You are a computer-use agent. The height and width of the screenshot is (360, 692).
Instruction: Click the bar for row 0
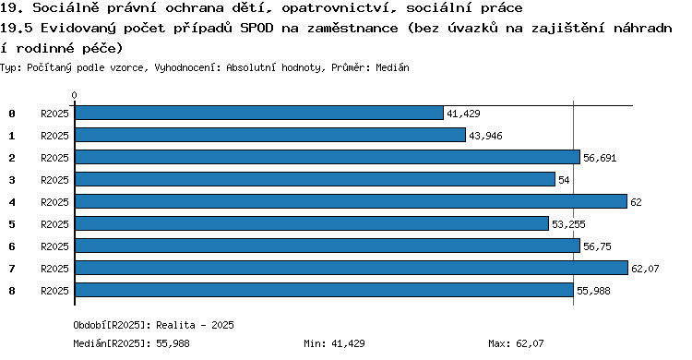point(259,114)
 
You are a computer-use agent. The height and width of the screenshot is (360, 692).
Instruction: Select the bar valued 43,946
point(270,135)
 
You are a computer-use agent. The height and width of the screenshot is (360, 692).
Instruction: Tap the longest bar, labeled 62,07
point(352,268)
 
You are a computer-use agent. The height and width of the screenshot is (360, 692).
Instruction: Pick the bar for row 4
point(351,201)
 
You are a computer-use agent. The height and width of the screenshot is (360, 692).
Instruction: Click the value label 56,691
point(600,158)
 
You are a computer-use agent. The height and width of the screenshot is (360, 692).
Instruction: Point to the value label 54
point(564,180)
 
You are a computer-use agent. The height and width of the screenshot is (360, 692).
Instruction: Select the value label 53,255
point(568,224)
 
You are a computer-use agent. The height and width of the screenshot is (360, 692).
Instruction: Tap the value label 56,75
point(597,246)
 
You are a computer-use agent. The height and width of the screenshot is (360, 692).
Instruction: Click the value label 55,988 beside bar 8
point(593,291)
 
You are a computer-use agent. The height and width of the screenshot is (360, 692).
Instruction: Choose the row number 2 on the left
point(12,158)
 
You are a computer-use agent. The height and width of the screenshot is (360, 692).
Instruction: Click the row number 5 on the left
point(12,224)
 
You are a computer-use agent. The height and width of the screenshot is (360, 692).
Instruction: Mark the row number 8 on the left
point(12,291)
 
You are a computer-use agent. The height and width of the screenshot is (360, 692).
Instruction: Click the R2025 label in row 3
point(54,180)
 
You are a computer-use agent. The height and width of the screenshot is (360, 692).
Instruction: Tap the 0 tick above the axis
point(74,95)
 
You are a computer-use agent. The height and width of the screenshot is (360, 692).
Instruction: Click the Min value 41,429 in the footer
point(348,343)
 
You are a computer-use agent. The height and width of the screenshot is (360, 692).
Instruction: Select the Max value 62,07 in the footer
point(530,343)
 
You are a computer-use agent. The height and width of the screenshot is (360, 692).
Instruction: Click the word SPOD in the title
point(257,29)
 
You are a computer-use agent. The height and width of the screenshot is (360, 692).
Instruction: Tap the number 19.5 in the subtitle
point(17,29)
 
